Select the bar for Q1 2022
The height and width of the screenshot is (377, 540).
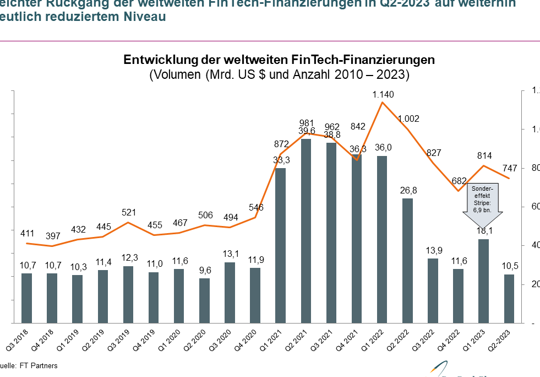(382, 239)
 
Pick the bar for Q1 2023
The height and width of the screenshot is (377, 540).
(483, 281)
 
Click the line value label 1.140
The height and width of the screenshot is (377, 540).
(383, 95)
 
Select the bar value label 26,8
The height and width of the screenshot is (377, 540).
(407, 190)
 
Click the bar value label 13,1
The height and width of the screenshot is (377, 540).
(230, 254)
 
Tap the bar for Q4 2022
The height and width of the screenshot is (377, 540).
(458, 295)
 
